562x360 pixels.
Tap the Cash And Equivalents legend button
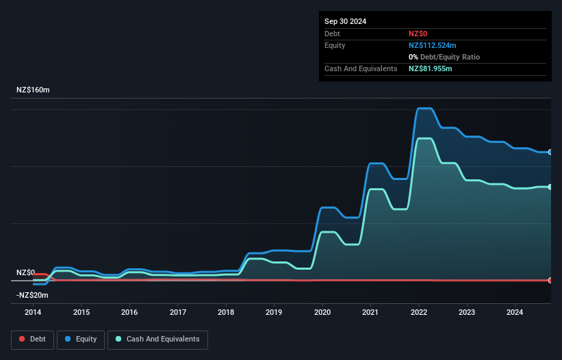pyautogui.click(x=157, y=339)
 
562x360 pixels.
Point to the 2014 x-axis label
pyautogui.click(x=33, y=313)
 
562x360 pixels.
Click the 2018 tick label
pyautogui.click(x=226, y=313)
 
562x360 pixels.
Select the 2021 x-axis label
pyautogui.click(x=370, y=313)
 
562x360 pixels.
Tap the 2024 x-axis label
pyautogui.click(x=515, y=313)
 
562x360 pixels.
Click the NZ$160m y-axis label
pyautogui.click(x=33, y=90)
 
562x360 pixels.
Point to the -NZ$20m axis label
pyautogui.click(x=33, y=295)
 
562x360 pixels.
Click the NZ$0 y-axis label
pyautogui.click(x=25, y=272)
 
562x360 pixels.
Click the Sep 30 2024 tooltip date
pyautogui.click(x=345, y=21)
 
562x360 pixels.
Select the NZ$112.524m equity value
pyautogui.click(x=432, y=45)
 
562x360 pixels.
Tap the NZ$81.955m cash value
pyautogui.click(x=430, y=69)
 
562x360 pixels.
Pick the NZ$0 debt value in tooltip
pyautogui.click(x=418, y=34)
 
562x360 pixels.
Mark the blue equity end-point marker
pyautogui.click(x=550, y=152)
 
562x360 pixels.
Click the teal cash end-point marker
pyautogui.click(x=550, y=187)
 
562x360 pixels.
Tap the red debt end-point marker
pyautogui.click(x=550, y=280)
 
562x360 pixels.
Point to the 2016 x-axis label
pyautogui.click(x=129, y=313)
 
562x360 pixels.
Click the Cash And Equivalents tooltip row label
pyautogui.click(x=361, y=69)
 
